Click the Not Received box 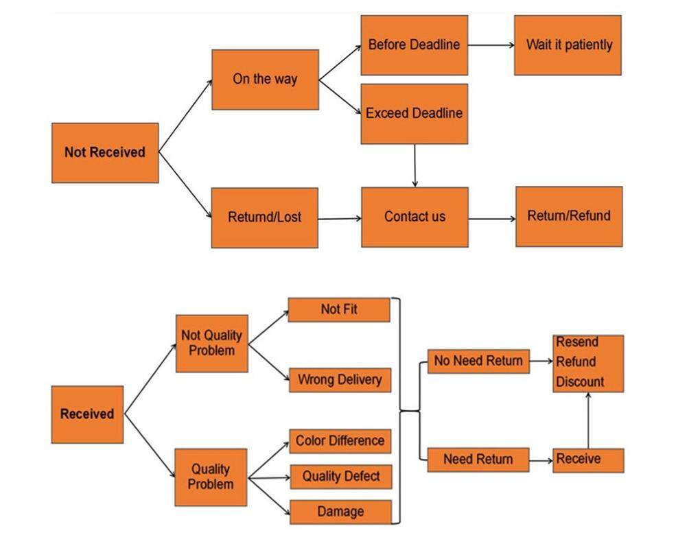[x=105, y=152]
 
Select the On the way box [x=265, y=79]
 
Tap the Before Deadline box [x=414, y=45]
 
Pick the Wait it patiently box [x=568, y=45]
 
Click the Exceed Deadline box [x=414, y=113]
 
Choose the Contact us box [x=415, y=217]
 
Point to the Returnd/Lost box [x=264, y=217]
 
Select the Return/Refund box [x=569, y=216]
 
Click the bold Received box [x=87, y=414]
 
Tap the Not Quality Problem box [x=211, y=343]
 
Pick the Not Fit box [x=339, y=310]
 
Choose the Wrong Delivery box [x=340, y=379]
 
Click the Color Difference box [x=340, y=441]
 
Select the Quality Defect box [x=340, y=477]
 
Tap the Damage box [x=340, y=512]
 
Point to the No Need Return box [x=478, y=361]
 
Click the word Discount [x=580, y=381]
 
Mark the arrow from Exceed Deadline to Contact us [x=415, y=165]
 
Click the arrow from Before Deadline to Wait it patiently [x=491, y=45]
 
